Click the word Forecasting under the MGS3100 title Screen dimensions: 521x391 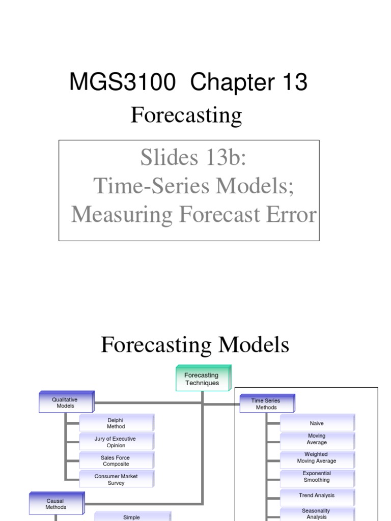(186, 115)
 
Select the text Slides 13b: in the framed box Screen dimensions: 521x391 (193, 159)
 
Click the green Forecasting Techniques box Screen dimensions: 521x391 (202, 379)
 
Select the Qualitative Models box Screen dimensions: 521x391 (66, 403)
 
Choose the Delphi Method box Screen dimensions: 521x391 (116, 423)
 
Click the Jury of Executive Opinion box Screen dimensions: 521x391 (116, 442)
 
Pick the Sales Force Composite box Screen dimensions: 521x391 (116, 461)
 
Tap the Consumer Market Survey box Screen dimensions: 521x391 (116, 479)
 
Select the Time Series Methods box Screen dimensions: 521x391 (266, 404)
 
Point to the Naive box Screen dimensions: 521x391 (317, 423)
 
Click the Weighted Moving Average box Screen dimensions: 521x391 (317, 457)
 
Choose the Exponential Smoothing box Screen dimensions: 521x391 (317, 476)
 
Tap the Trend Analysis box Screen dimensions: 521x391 (317, 495)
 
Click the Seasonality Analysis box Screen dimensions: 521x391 (317, 513)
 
